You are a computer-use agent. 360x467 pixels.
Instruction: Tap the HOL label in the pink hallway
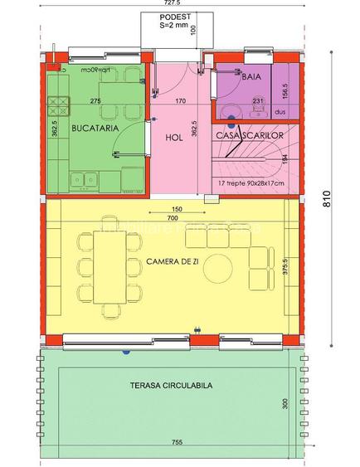point(173,138)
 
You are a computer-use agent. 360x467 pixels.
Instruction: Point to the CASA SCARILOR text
point(250,134)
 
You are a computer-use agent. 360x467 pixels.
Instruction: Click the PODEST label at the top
point(174,16)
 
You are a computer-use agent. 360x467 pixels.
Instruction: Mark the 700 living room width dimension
point(173,217)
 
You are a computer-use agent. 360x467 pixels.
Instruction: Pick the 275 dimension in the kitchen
point(96,101)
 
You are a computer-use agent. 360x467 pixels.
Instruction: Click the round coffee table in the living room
point(221,268)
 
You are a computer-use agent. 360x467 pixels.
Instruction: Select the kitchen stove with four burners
point(59,105)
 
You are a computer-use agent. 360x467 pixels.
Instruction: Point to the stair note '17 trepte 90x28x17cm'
point(250,183)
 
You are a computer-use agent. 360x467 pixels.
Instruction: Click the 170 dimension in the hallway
point(180,101)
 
